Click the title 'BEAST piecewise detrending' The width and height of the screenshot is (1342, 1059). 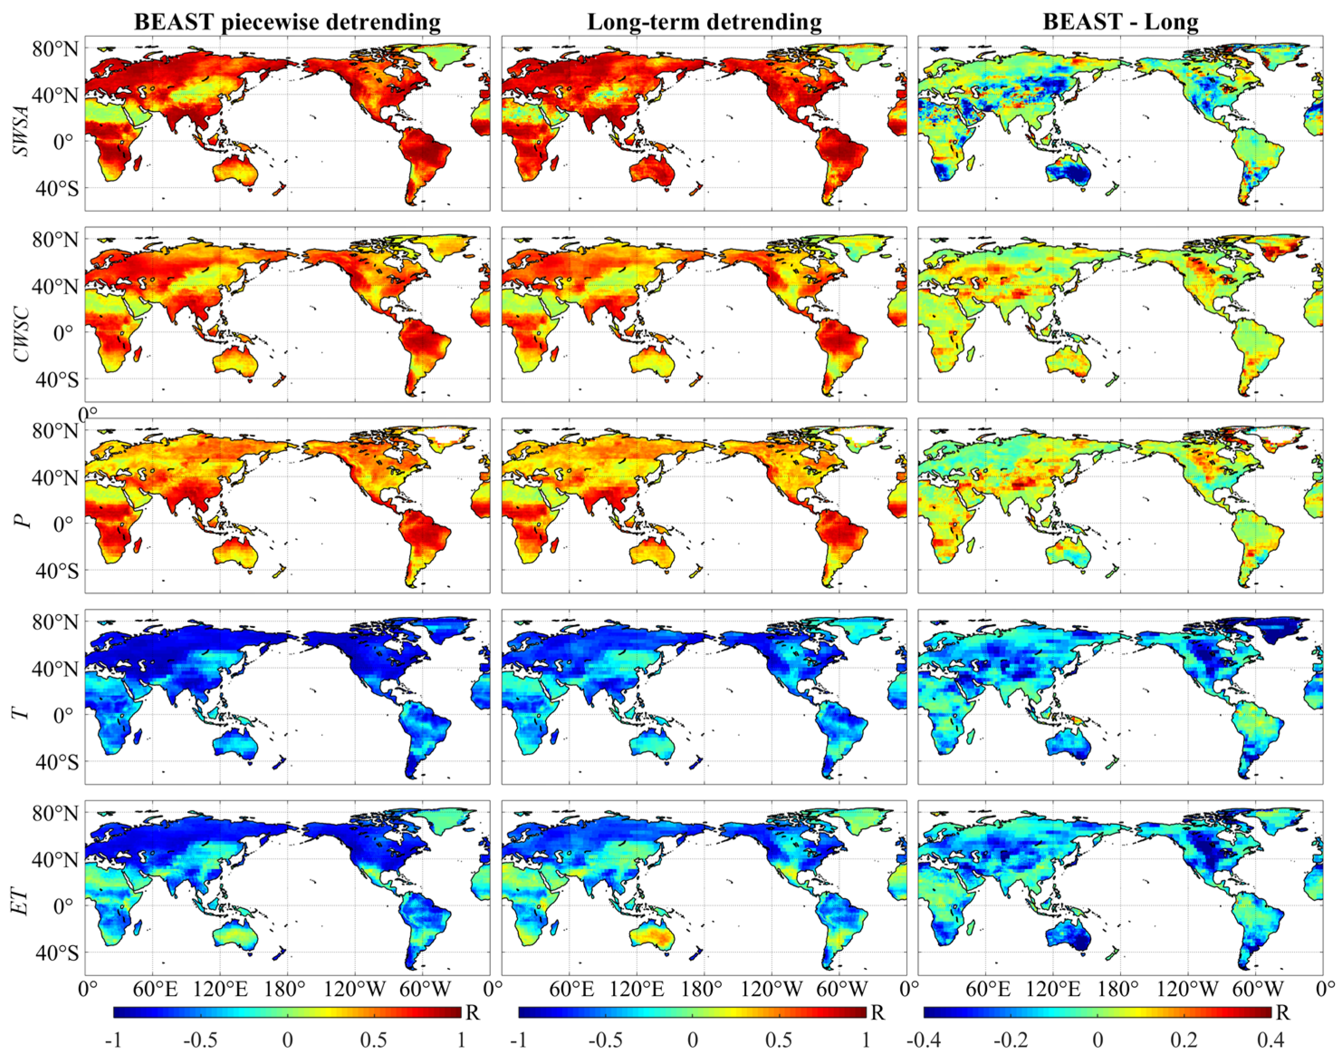click(287, 22)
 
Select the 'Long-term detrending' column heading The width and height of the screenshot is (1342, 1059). click(704, 22)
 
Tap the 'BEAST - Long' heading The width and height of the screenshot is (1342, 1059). click(1120, 22)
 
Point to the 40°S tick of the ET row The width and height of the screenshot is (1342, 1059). click(56, 953)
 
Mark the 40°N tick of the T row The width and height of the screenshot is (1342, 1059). click(56, 669)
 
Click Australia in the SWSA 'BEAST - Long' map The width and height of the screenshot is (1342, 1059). click(1068, 173)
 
